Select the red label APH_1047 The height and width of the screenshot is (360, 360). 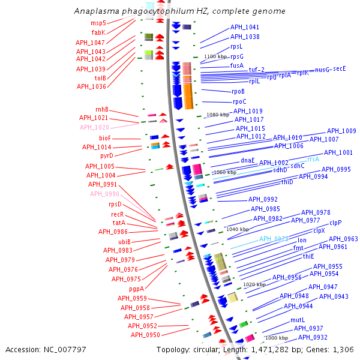click(x=90, y=43)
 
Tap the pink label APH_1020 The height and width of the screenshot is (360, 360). click(x=94, y=128)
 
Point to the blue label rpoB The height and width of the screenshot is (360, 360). click(x=238, y=91)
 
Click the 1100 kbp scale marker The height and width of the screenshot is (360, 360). click(x=217, y=56)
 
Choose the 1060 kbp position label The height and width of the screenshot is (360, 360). click(x=225, y=172)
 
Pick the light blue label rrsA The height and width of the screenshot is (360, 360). click(x=313, y=159)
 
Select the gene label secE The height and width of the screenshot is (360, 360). click(x=340, y=68)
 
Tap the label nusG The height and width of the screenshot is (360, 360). click(x=322, y=70)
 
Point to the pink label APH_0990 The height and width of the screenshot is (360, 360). click(x=104, y=194)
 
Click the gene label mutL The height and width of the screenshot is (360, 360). click(x=298, y=320)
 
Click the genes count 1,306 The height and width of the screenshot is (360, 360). click(x=343, y=349)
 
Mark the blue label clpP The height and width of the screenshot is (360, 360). click(x=335, y=222)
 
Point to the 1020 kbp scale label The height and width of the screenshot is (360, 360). click(x=253, y=284)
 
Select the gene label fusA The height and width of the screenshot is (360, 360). click(x=237, y=65)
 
